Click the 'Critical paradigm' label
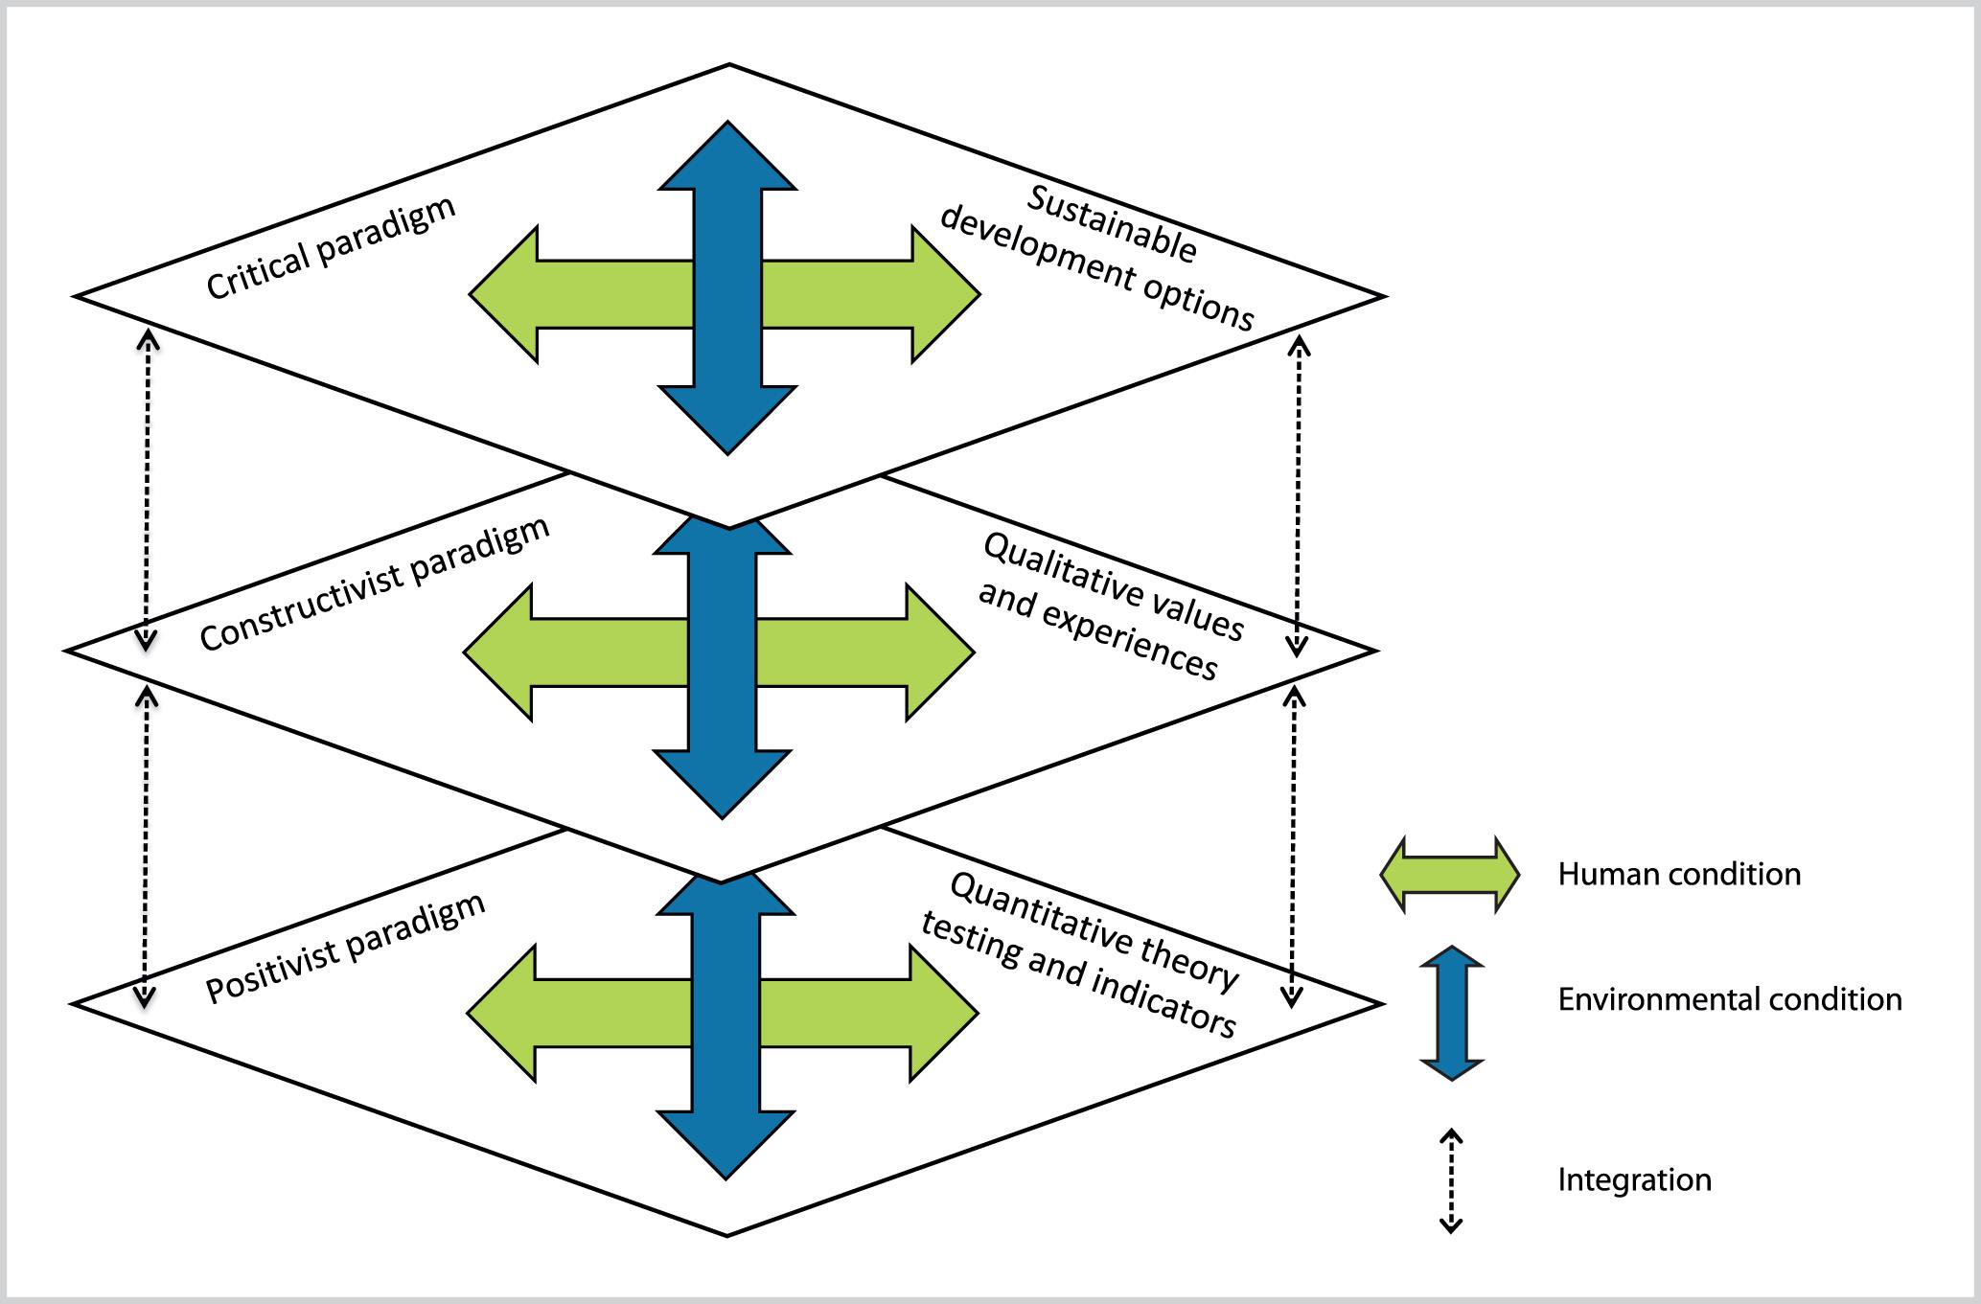pos(331,249)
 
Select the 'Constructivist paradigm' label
pos(375,584)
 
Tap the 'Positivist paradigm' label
pos(346,948)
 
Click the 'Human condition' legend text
pos(1679,875)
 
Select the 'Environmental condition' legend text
pos(1729,1000)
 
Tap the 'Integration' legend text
pos(1634,1180)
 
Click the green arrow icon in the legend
pos(1449,875)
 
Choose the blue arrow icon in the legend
pos(1452,1013)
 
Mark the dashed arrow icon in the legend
pos(1451,1180)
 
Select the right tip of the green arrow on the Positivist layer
pos(972,1014)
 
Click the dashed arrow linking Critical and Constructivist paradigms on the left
pos(147,490)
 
